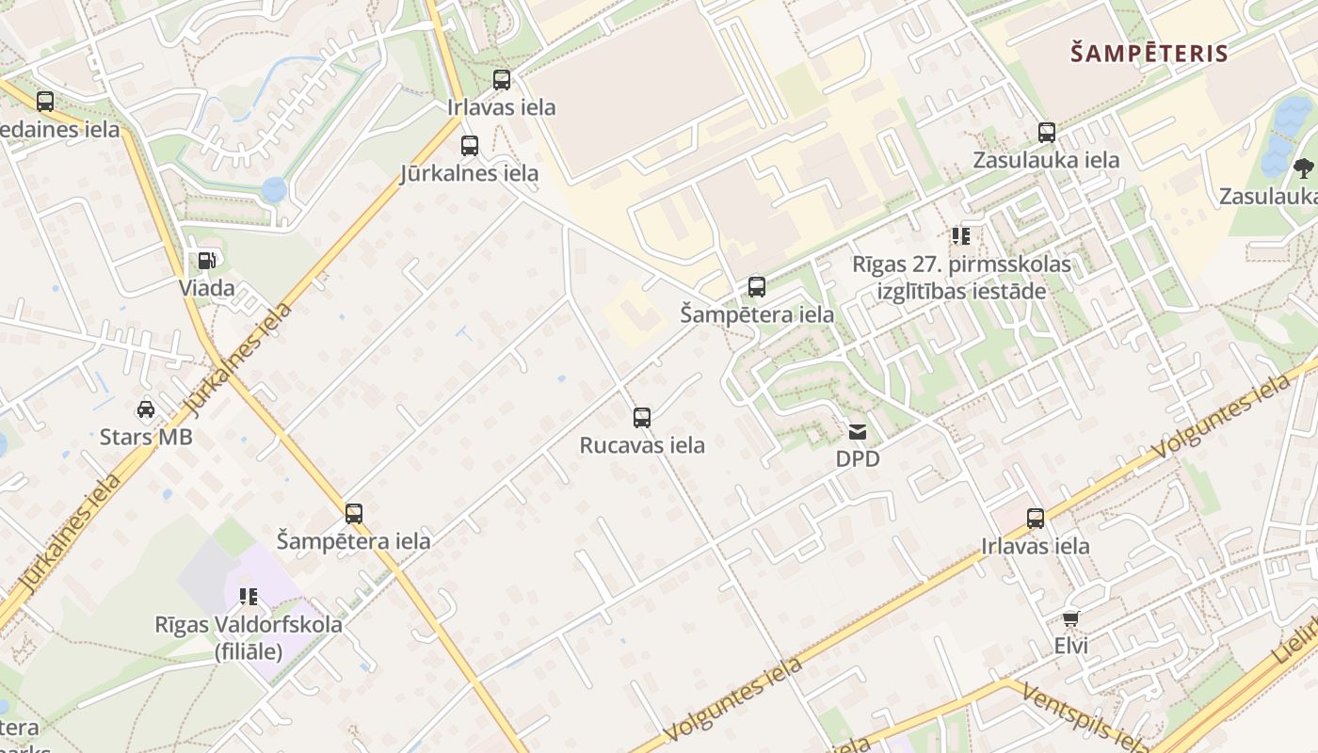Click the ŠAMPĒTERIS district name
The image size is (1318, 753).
click(x=1149, y=53)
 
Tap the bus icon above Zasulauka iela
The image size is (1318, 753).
click(x=1046, y=133)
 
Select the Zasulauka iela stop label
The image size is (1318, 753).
click(x=1046, y=160)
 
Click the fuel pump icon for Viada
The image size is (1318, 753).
click(x=206, y=261)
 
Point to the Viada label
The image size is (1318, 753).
click(x=207, y=288)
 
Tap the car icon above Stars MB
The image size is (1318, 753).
click(x=146, y=409)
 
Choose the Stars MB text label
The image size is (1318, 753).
click(x=146, y=437)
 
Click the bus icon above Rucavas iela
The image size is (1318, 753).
click(x=642, y=418)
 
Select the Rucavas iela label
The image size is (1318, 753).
click(x=642, y=445)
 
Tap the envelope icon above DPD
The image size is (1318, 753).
click(x=858, y=432)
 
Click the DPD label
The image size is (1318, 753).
click(x=858, y=459)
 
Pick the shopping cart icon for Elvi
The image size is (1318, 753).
click(x=1070, y=618)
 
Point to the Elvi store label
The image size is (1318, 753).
click(x=1071, y=646)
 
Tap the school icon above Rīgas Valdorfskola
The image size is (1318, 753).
click(x=249, y=596)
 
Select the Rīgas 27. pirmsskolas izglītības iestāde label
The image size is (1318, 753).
click(x=961, y=278)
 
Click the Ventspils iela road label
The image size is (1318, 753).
click(x=1083, y=719)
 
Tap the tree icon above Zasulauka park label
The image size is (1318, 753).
click(x=1303, y=168)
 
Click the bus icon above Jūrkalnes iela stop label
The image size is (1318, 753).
click(x=470, y=146)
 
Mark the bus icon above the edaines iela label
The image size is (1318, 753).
click(x=45, y=102)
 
